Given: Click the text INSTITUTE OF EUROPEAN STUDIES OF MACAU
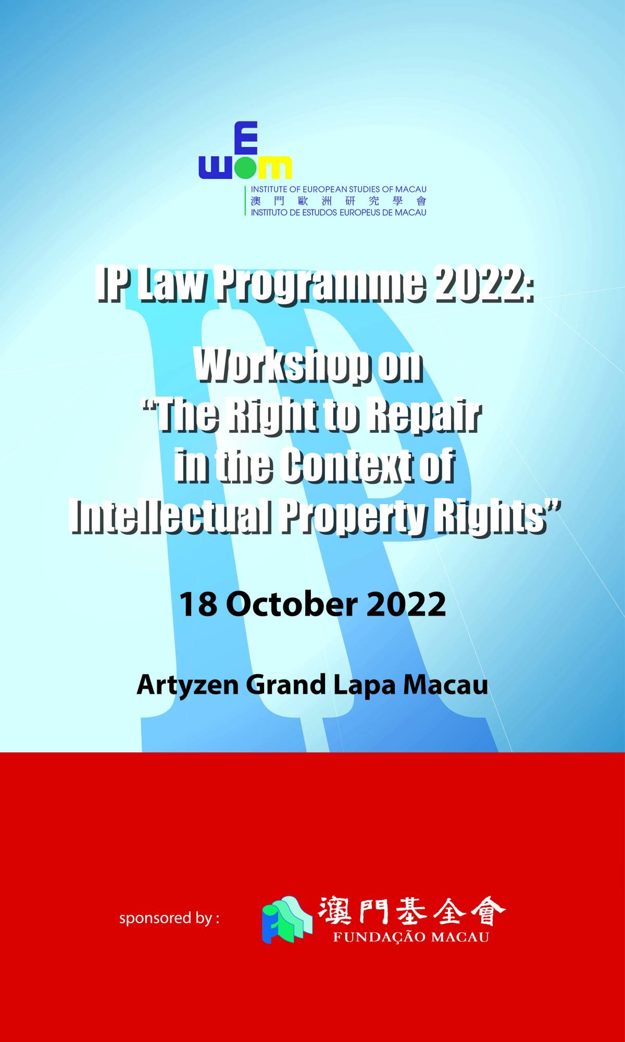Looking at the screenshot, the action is [x=339, y=189].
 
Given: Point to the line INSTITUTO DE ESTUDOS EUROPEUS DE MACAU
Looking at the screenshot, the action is [x=339, y=212].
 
